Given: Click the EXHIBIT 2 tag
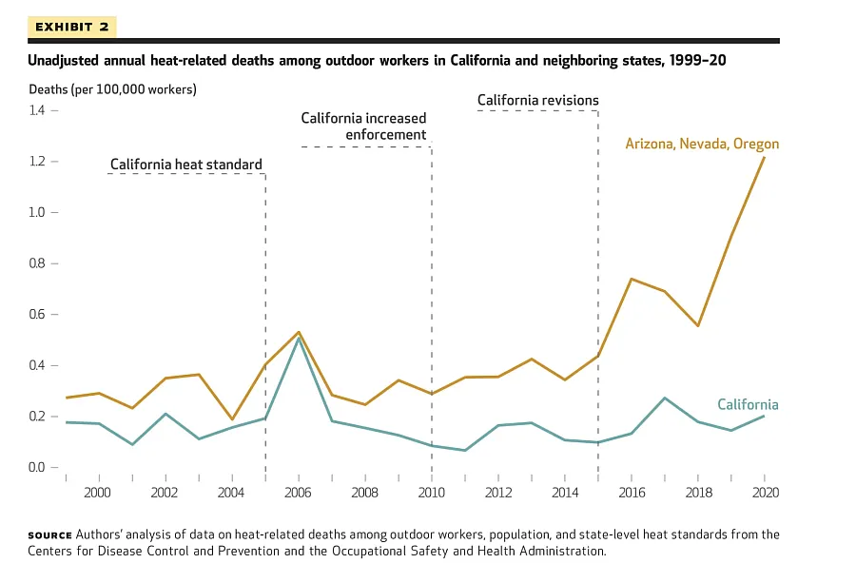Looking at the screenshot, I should tap(71, 27).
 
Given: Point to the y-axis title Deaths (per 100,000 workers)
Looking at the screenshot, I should tap(111, 89).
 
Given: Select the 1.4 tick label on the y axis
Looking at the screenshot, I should tap(36, 110).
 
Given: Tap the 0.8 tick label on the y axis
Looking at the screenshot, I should tap(36, 263).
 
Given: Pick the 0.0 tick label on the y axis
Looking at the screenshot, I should tap(36, 467).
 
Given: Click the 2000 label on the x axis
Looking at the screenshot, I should tap(97, 492).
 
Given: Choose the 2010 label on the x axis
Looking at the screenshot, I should tap(432, 492).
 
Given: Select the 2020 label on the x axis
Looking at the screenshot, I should tap(765, 492).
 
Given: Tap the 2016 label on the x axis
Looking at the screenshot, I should tap(632, 492).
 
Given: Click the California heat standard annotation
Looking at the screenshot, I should tap(185, 165).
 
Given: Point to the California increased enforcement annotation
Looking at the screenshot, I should tap(363, 126).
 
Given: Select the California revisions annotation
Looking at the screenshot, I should tap(537, 100).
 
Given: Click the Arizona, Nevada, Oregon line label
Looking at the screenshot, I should tap(701, 145).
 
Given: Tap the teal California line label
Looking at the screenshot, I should tap(748, 405).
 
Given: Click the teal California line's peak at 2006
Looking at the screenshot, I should tap(299, 339).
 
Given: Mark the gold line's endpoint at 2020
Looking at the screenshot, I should tap(764, 157).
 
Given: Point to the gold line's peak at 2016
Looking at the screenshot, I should tap(632, 279).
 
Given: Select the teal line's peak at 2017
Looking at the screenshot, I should tap(665, 398).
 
